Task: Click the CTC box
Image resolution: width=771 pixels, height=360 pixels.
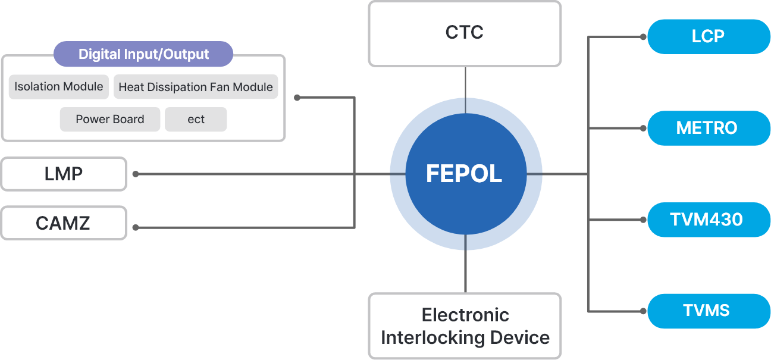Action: [464, 33]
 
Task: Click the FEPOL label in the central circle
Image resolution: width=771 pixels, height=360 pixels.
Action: [464, 174]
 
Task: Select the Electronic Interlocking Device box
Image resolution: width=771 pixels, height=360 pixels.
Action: [465, 325]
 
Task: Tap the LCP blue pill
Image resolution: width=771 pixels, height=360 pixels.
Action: [708, 36]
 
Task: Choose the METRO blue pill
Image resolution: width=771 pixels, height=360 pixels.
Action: [707, 128]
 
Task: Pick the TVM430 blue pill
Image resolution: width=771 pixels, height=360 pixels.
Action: [707, 220]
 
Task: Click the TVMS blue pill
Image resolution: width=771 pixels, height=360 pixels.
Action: [707, 311]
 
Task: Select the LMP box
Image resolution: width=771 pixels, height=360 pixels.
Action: [64, 174]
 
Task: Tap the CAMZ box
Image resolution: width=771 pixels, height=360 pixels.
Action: [64, 223]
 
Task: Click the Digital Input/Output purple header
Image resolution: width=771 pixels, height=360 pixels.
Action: [143, 54]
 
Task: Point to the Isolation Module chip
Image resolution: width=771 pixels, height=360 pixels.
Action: [59, 87]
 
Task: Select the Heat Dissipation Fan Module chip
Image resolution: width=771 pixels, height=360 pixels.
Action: [195, 87]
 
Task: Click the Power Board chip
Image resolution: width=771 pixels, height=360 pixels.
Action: [110, 119]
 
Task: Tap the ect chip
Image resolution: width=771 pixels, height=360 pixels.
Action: [196, 119]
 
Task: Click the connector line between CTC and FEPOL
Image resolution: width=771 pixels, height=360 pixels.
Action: [465, 89]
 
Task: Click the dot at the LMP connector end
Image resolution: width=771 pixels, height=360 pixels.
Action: [136, 174]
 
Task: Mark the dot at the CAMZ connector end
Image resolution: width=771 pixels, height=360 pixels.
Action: [136, 227]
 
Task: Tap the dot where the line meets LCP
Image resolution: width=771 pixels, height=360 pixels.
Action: [643, 37]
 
